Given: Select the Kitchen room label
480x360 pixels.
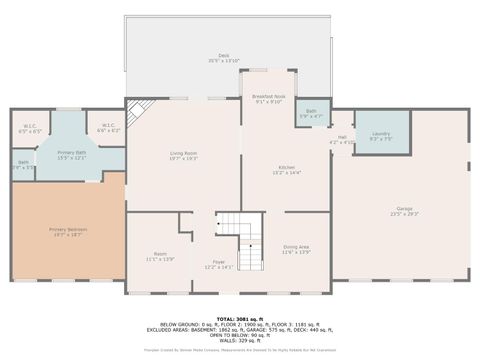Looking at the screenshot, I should (286, 169).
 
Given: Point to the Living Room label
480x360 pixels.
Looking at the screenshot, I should (183, 155).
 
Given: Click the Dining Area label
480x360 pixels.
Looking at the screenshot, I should (296, 249).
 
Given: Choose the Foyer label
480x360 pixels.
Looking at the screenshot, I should (218, 263).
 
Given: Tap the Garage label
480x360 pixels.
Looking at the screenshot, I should (404, 211).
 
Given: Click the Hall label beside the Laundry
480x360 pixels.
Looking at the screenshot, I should (342, 139).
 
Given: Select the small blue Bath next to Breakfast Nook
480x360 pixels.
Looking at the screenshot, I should (311, 113).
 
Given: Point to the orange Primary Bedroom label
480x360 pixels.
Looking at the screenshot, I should (69, 232).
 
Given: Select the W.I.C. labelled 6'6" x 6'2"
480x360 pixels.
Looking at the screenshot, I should (108, 128).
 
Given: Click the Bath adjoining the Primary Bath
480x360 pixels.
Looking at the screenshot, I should (23, 165).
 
